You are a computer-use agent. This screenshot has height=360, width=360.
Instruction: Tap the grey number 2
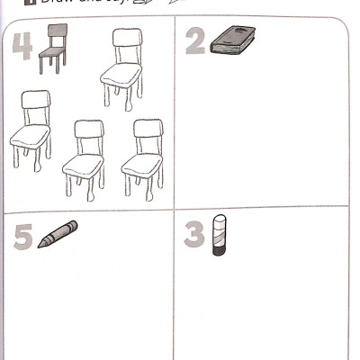pyautogui.click(x=194, y=40)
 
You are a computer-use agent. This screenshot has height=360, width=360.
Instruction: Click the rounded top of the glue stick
pyautogui.click(x=221, y=219)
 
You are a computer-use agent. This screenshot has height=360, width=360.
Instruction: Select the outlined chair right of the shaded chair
pyautogui.click(x=123, y=68)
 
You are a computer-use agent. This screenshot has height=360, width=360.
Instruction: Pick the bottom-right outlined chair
pyautogui.click(x=143, y=157)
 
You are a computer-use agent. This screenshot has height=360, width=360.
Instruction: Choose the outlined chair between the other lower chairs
pyautogui.click(x=85, y=159)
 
